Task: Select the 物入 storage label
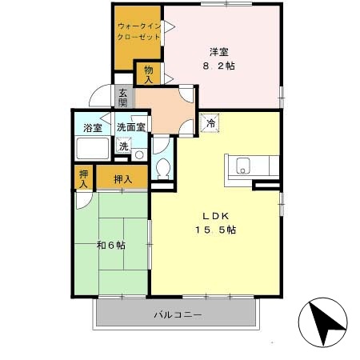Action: (x=149, y=74)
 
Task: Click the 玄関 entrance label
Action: (x=123, y=98)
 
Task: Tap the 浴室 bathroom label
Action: (x=93, y=127)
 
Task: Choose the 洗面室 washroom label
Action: (x=130, y=127)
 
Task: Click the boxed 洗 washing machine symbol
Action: (x=123, y=146)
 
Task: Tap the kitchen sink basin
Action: (x=242, y=167)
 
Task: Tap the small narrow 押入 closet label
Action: (x=83, y=178)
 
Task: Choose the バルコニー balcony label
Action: (x=178, y=314)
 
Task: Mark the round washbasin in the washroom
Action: (x=140, y=154)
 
